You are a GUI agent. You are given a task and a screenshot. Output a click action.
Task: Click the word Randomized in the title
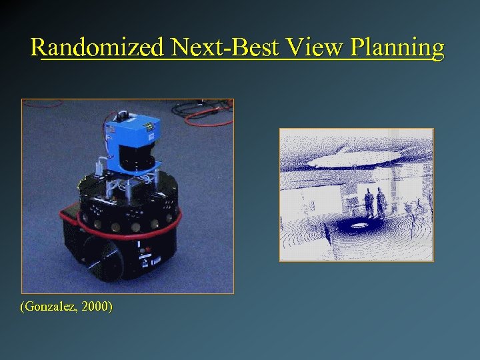click(97, 47)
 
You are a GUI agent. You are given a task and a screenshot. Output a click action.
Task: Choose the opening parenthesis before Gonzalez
click(23, 307)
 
